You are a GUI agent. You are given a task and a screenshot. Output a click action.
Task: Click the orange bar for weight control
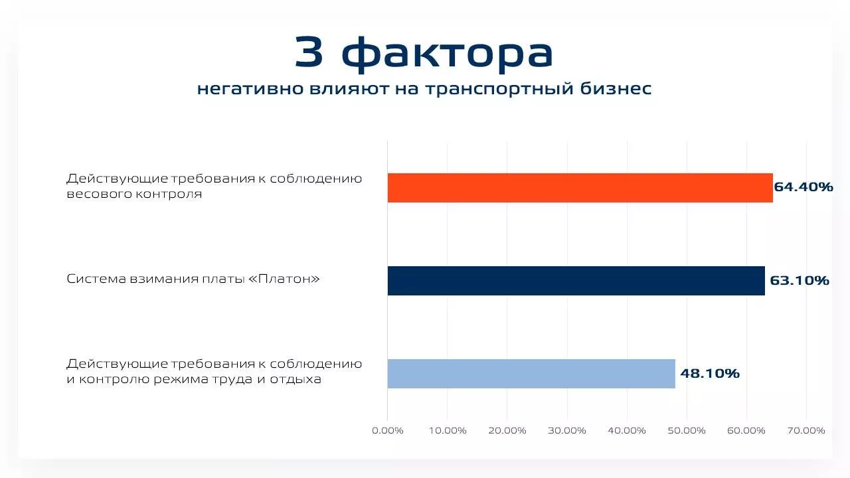580,188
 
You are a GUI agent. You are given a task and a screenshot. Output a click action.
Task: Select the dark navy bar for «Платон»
576,281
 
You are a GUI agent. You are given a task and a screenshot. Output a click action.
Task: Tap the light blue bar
531,374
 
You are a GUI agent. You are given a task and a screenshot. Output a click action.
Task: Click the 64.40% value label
804,187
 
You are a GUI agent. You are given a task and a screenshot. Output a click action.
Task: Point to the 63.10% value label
799,280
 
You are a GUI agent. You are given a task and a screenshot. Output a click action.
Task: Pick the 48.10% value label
710,373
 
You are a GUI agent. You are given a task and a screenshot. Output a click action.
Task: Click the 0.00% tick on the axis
387,431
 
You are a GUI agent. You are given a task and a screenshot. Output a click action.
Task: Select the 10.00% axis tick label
448,431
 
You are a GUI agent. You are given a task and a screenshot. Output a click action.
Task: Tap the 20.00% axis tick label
507,431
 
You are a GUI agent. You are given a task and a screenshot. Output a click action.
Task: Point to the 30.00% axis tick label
567,431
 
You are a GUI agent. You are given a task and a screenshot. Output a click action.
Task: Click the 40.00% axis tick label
627,431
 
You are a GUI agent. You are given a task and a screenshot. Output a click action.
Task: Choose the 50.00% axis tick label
687,431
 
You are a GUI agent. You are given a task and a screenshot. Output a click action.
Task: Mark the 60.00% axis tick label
746,431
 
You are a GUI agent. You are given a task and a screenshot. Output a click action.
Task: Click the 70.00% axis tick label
806,431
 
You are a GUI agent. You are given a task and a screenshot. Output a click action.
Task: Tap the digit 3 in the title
309,52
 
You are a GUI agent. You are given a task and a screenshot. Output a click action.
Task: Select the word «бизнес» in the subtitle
616,88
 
